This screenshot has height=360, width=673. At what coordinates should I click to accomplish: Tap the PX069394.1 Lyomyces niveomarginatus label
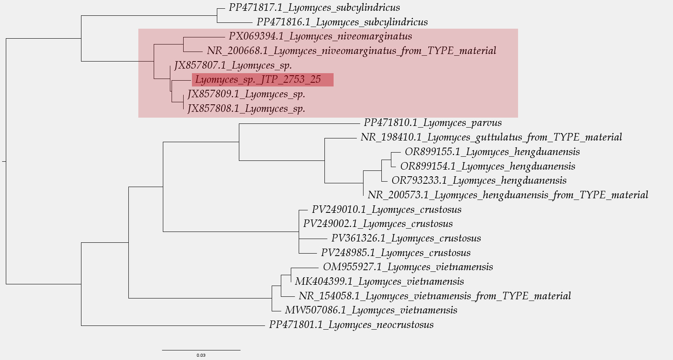click(320, 37)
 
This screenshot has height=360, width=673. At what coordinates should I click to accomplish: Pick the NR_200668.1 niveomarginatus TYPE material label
click(351, 51)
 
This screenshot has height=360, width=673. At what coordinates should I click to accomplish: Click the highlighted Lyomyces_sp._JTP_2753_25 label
click(258, 79)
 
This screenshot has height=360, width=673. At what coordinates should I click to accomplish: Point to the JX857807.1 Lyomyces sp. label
click(233, 65)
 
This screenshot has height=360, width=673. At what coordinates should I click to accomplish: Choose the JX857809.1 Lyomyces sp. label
click(246, 94)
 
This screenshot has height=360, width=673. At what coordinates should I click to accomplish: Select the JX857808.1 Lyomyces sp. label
click(246, 109)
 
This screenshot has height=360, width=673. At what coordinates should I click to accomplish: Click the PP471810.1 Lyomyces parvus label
click(432, 123)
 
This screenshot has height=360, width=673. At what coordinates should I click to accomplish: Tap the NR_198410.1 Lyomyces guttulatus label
click(491, 138)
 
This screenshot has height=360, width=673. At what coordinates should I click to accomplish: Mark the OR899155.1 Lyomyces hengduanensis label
click(492, 152)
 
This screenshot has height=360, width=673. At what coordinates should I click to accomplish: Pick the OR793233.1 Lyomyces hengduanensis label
click(479, 181)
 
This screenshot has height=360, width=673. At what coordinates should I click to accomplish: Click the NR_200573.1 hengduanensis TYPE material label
click(508, 195)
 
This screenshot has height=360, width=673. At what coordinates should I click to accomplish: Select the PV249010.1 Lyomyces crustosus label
click(386, 210)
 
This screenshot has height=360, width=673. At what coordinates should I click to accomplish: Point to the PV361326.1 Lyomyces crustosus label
click(406, 239)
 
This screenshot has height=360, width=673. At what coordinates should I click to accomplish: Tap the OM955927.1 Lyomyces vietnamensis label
click(408, 267)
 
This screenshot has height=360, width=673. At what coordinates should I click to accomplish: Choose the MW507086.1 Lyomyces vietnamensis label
click(371, 311)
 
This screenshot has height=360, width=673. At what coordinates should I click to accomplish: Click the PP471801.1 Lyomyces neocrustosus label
click(351, 325)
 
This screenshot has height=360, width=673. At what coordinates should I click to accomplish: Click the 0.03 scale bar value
click(201, 355)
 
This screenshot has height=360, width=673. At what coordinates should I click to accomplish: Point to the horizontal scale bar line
click(201, 350)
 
